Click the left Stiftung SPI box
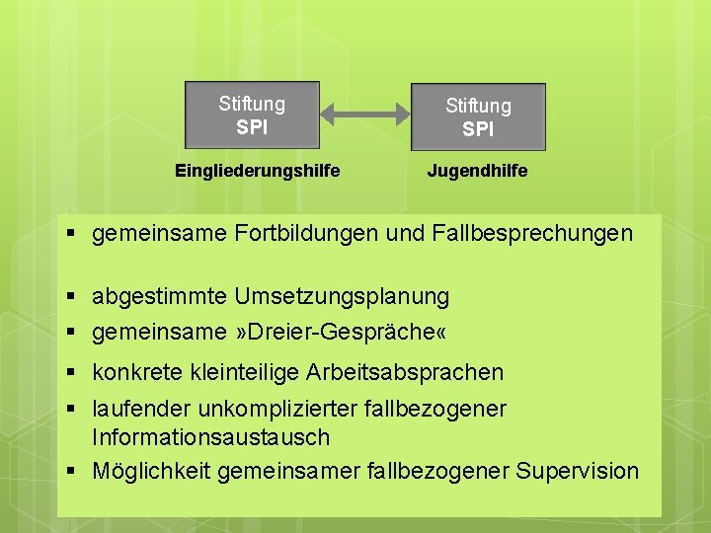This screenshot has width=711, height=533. tap(252, 114)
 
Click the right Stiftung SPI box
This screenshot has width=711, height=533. tap(478, 116)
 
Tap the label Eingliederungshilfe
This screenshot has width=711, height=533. tap(257, 171)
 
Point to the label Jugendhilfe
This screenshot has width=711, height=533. tap(477, 171)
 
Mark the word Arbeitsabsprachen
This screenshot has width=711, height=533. tap(408, 372)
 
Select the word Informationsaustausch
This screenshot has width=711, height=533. tap(210, 437)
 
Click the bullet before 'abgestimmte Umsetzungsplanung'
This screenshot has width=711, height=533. tap(73, 296)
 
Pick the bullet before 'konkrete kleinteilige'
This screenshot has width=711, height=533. tap(73, 372)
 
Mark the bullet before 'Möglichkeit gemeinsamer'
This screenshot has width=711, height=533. tap(73, 471)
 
